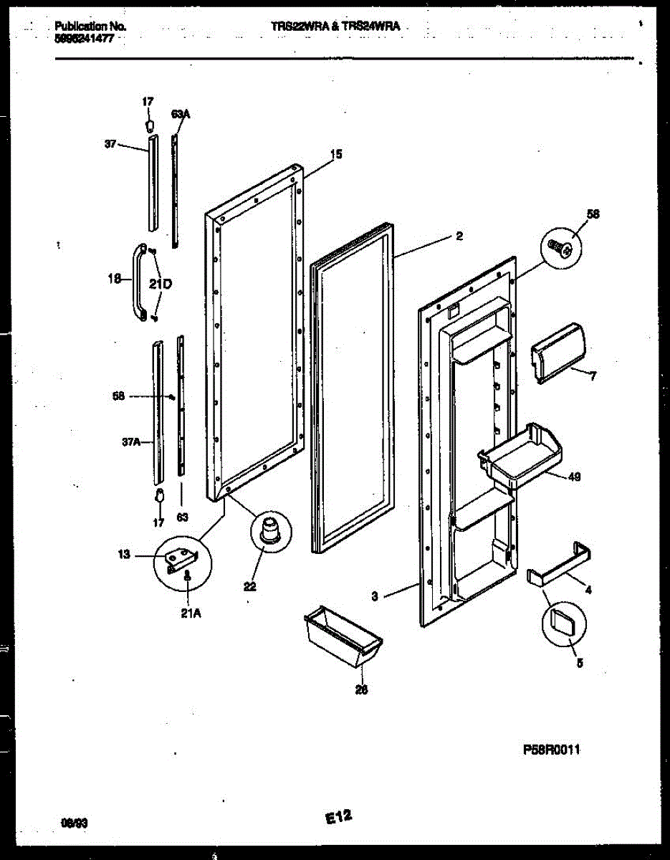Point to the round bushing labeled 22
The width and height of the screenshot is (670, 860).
tap(270, 531)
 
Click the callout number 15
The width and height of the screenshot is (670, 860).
tap(337, 153)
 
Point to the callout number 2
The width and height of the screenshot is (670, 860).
tap(459, 236)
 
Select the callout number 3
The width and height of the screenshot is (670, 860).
tap(375, 594)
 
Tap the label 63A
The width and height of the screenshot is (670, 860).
tap(181, 114)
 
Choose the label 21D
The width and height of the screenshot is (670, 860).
tap(161, 285)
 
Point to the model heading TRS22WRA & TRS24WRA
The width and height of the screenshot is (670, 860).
tap(335, 27)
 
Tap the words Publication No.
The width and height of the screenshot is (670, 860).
tap(90, 27)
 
